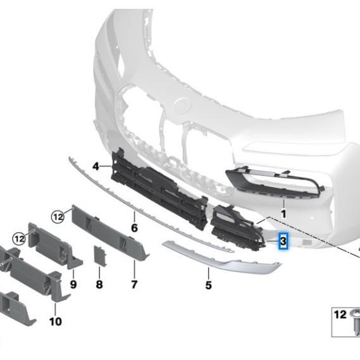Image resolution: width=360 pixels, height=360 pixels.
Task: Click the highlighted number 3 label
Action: pos(283,241)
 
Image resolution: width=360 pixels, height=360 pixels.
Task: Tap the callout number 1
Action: pos(284,214)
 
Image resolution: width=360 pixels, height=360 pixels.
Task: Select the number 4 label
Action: pos(96,166)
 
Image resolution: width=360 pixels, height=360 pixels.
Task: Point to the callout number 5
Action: pos(208,285)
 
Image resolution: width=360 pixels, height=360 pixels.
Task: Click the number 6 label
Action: pos(134,228)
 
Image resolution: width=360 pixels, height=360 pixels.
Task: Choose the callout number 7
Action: pos(134,284)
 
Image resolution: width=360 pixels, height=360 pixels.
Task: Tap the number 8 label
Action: pos(99,284)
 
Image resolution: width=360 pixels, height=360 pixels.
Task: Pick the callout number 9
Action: pos(73,284)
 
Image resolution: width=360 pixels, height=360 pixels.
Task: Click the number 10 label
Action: pos(56,321)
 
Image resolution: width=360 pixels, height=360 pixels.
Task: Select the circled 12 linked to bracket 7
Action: pos(58,216)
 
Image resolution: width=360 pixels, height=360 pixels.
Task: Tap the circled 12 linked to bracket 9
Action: pos(19,239)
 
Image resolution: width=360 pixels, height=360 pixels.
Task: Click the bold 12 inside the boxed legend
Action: pos(340,314)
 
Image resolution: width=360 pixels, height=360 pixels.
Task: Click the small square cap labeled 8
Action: pos(100,256)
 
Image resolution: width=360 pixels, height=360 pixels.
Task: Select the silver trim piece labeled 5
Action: pos(221,257)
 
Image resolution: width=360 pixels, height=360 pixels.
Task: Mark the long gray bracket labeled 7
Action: pos(110,232)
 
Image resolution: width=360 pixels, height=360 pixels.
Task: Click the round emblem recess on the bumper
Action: pos(182,106)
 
